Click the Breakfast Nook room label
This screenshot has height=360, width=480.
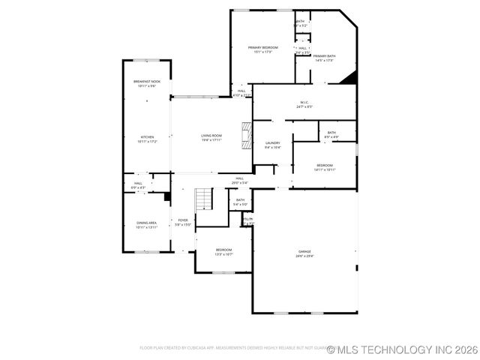coord(146,81)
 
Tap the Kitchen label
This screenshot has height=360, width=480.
coord(147,136)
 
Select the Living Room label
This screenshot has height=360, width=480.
coord(211,136)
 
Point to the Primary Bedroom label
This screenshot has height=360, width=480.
coord(262,47)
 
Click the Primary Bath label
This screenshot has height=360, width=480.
coord(324,56)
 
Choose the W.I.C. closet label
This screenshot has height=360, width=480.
coord(304,102)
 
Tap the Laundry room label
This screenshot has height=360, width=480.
coord(272,142)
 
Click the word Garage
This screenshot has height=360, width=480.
coord(304,251)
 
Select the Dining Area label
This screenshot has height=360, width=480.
coord(146,223)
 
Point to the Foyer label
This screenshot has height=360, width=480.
coord(183,220)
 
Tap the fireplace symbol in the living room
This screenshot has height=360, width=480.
coord(247,136)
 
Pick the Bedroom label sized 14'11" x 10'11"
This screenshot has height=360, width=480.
coord(325,165)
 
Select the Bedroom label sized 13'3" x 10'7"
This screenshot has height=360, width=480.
coord(224,250)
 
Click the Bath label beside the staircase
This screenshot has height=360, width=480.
coord(241,200)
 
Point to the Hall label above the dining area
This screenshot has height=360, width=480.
coord(139,183)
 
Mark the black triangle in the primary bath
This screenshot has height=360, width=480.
coord(348,77)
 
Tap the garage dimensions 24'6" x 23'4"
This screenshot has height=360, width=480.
coord(304,256)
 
